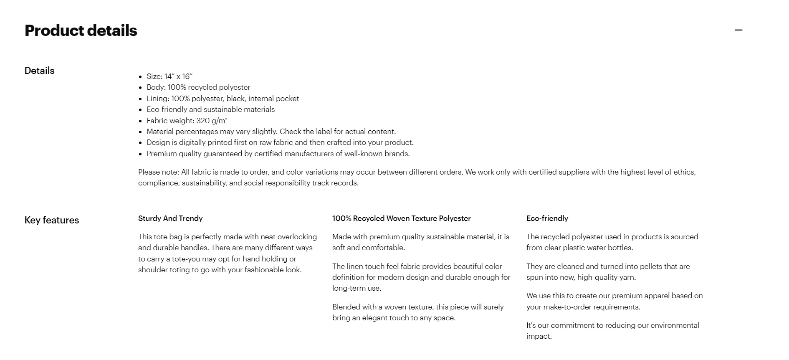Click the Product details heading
click(81, 30)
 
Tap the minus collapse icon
click(738, 30)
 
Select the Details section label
click(40, 71)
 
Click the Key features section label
click(52, 220)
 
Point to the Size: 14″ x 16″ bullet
click(169, 76)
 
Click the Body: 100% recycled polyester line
click(198, 87)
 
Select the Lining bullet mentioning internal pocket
click(223, 99)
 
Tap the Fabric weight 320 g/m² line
click(187, 121)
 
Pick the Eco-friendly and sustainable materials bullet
click(210, 109)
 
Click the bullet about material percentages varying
click(271, 132)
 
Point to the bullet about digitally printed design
click(280, 142)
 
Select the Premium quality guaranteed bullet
click(278, 154)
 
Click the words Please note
click(158, 172)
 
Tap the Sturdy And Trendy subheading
click(170, 218)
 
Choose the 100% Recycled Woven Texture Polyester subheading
click(401, 218)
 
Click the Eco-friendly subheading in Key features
click(547, 218)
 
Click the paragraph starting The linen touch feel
click(421, 277)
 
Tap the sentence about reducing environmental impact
click(612, 331)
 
